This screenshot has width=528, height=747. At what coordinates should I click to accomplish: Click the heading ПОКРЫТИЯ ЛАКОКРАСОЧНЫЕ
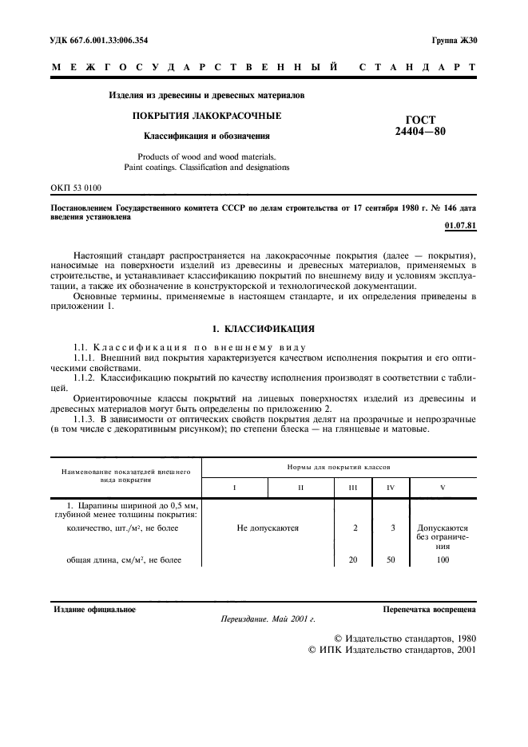[x=206, y=116]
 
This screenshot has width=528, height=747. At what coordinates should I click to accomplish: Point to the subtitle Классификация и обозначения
[x=206, y=136]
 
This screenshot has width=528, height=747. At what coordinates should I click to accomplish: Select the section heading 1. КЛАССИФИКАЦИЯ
[x=264, y=328]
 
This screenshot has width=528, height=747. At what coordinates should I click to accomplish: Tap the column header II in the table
[x=300, y=486]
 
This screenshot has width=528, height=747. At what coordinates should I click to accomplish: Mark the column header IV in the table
[x=391, y=486]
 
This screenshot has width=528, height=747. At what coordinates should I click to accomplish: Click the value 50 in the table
[x=391, y=559]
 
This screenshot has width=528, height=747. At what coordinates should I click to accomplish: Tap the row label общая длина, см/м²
[x=124, y=559]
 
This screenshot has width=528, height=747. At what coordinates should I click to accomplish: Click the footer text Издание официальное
[x=94, y=610]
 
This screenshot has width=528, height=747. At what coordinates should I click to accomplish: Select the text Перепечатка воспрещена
[x=430, y=610]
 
